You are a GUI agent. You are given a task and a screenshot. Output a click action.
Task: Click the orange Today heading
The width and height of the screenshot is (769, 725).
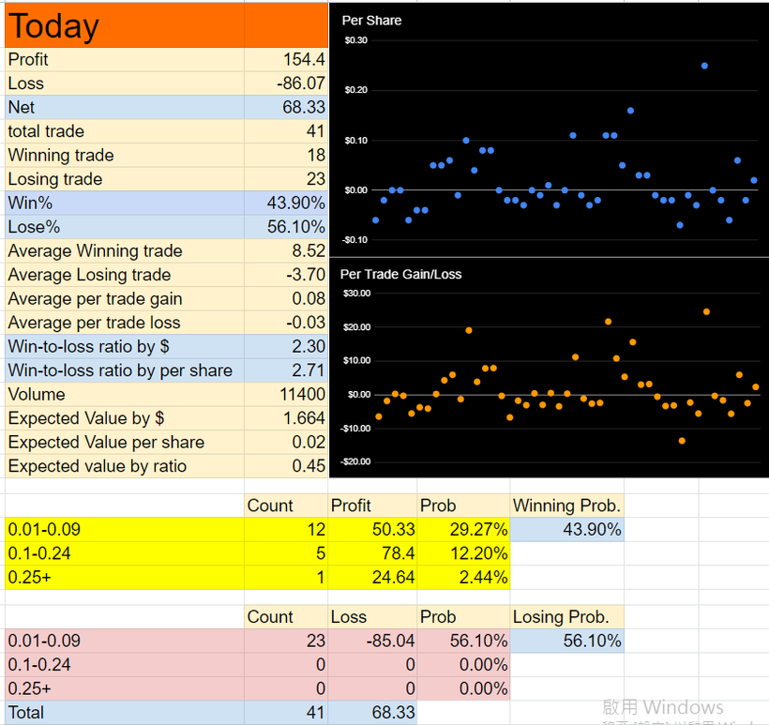(x=53, y=26)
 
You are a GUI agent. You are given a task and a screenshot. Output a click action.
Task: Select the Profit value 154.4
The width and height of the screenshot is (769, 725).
(x=304, y=59)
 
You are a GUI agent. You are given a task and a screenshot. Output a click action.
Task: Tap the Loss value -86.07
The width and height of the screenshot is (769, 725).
(x=301, y=83)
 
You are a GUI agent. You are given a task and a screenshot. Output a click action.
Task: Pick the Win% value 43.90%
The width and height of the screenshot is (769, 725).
(x=295, y=204)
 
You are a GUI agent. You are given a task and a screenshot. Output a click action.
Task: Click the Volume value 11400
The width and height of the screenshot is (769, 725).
(x=302, y=394)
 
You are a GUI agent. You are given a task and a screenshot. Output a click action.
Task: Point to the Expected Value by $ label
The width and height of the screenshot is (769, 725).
(x=86, y=418)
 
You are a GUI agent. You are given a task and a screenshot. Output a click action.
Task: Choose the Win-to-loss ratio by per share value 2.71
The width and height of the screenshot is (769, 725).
(x=309, y=370)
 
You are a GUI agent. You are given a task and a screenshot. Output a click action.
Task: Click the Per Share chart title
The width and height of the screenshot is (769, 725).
(x=371, y=21)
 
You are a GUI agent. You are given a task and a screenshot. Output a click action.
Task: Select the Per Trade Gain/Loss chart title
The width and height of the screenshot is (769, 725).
(x=400, y=274)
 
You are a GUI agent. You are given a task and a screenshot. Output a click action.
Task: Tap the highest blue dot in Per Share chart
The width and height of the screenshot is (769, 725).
(x=704, y=66)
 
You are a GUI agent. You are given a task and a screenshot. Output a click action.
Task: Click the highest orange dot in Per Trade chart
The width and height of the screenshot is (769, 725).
(x=707, y=312)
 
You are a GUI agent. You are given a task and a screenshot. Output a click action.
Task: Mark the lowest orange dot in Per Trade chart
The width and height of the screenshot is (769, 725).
(x=682, y=441)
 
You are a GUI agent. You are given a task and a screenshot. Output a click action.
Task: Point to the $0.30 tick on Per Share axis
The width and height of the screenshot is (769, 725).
(x=356, y=40)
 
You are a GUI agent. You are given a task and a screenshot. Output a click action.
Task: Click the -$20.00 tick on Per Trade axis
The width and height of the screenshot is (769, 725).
(x=355, y=461)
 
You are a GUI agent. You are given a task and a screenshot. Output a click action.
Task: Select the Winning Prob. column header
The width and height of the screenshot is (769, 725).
(x=567, y=506)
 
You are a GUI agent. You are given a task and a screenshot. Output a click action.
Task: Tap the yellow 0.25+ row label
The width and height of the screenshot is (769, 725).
(x=29, y=578)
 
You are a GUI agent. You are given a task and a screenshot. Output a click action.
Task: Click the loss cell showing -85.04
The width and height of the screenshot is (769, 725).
(x=390, y=641)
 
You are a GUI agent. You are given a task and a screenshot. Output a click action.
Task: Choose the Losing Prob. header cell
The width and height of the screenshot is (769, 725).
(x=561, y=617)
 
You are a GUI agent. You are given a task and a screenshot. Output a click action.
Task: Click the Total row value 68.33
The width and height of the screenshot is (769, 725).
(x=393, y=712)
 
